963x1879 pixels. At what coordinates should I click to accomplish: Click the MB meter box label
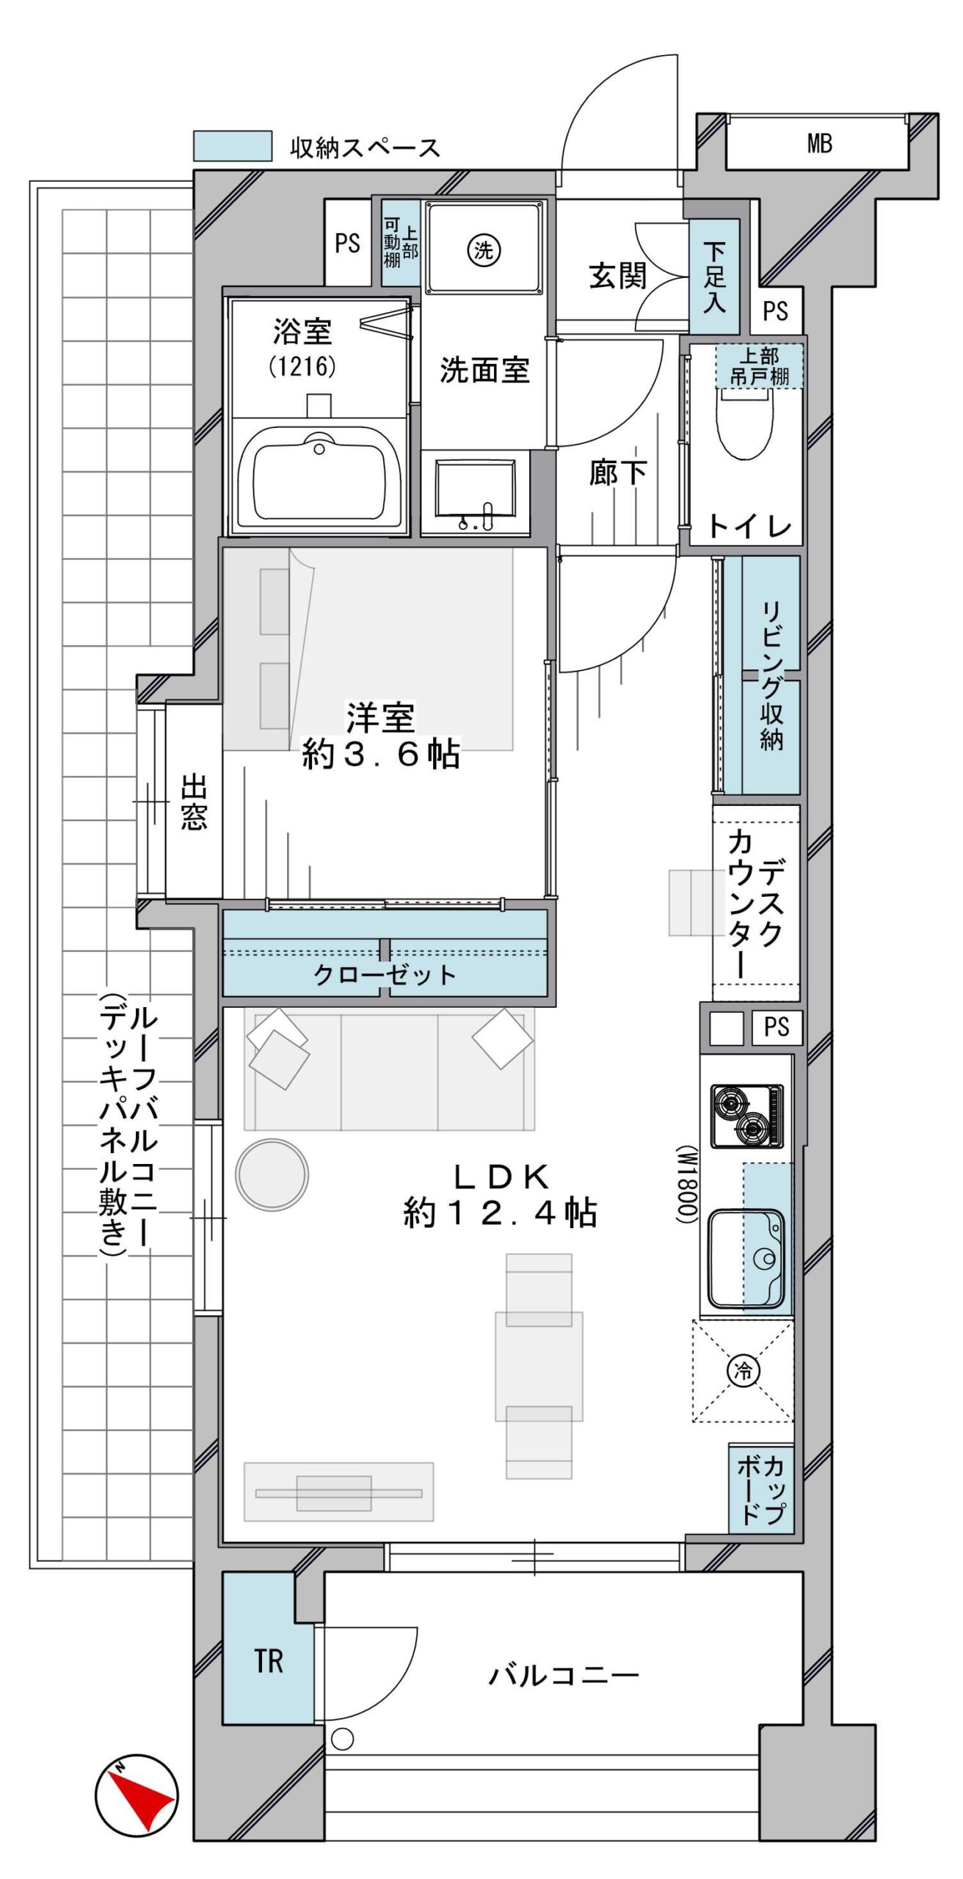pos(819,143)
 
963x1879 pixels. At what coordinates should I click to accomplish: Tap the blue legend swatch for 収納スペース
pos(233,146)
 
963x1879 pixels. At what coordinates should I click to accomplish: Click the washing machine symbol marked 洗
pos(484,251)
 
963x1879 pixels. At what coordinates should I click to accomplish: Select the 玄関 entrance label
pos(618,276)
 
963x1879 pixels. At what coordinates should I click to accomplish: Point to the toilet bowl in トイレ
pos(745,422)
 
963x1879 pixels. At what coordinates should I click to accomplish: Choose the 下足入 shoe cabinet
pos(714,277)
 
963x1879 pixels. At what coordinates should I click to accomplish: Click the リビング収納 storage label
pos(771,675)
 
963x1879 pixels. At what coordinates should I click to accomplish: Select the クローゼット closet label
pos(385,975)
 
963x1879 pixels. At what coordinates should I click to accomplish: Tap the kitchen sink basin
pos(746,1259)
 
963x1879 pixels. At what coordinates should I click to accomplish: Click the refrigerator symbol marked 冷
pos(743,1370)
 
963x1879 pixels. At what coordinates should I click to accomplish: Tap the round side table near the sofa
pos(272,1175)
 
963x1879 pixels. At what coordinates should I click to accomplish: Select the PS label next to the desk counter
pos(777,1026)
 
